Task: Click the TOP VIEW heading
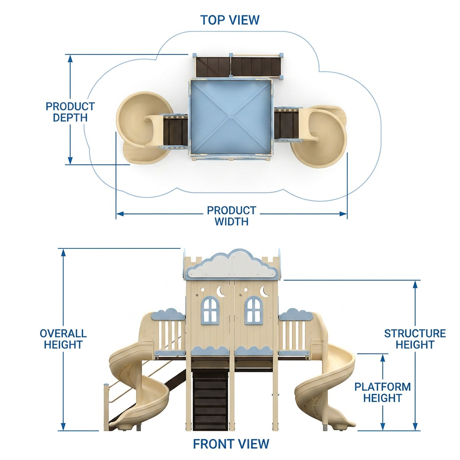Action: [230, 20]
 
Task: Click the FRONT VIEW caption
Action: [231, 444]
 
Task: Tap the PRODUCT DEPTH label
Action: [70, 112]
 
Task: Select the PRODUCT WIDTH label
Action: [231, 216]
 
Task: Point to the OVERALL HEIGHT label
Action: [63, 339]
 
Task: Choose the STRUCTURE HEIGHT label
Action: [415, 339]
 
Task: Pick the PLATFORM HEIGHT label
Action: [383, 393]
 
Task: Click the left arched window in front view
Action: [210, 310]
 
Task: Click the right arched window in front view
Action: [254, 310]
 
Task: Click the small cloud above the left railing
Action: [168, 314]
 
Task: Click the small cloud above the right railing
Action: [296, 314]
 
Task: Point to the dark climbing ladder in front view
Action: [210, 400]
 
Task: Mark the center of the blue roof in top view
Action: [231, 117]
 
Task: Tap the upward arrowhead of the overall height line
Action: [63, 253]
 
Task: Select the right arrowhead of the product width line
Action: [343, 214]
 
